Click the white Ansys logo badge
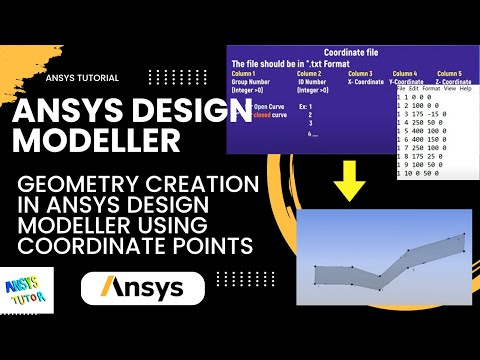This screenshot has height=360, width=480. (x=142, y=289)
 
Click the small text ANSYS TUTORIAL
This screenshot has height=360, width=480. (x=82, y=77)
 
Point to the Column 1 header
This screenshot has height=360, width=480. (x=244, y=74)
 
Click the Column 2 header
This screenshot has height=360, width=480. (x=309, y=74)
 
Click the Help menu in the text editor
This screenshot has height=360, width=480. (x=465, y=88)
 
